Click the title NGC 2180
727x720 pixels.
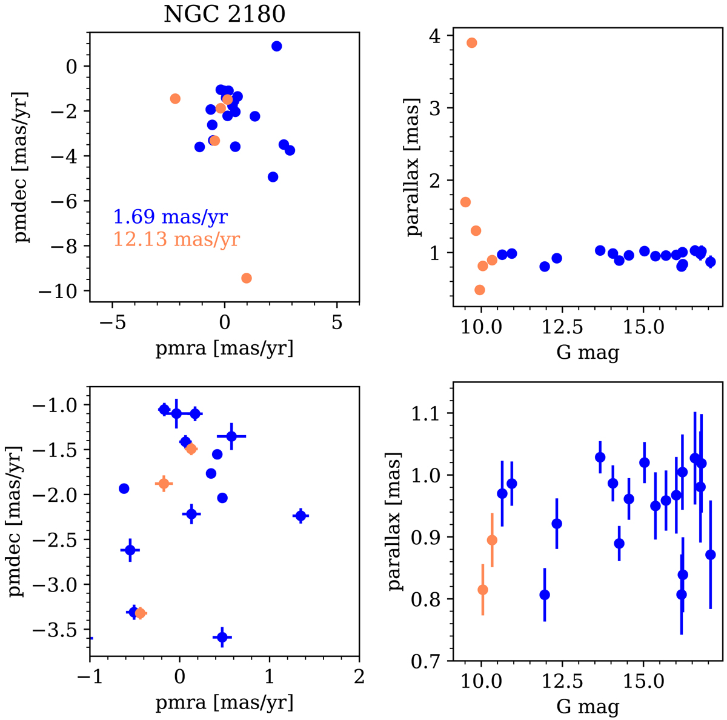[x=224, y=14]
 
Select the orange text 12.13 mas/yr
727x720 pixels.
[x=176, y=239]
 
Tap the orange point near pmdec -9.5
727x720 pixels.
[x=247, y=278]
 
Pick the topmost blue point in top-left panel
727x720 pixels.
[x=277, y=46]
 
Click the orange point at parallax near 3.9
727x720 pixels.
[x=472, y=42]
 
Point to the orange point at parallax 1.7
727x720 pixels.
[x=466, y=202]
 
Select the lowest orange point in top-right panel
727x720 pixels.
[x=480, y=290]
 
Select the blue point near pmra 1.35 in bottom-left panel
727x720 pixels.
[x=300, y=516]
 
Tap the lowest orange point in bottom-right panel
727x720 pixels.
[x=483, y=590]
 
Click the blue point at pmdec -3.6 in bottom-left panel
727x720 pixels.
[x=222, y=637]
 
